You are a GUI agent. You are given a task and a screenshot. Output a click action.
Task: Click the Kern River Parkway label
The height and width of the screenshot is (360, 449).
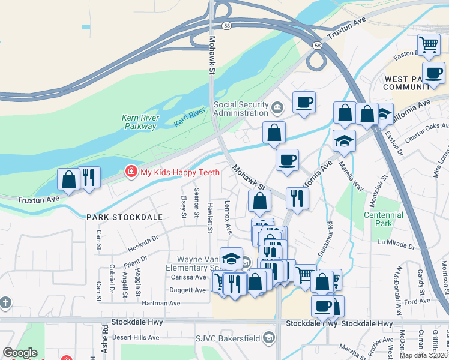pos(139,122)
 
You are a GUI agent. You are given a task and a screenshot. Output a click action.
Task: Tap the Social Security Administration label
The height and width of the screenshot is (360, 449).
pos(241,109)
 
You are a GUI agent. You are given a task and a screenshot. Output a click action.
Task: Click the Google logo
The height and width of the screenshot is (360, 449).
pos(20,353)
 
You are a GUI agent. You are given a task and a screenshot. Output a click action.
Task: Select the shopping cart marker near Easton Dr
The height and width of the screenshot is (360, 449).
pos(429,44)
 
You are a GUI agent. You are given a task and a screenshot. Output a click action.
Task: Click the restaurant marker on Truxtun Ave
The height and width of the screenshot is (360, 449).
pos(89,177)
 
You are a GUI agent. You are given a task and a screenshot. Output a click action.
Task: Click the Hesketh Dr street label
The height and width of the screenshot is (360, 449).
pos(142,242)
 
